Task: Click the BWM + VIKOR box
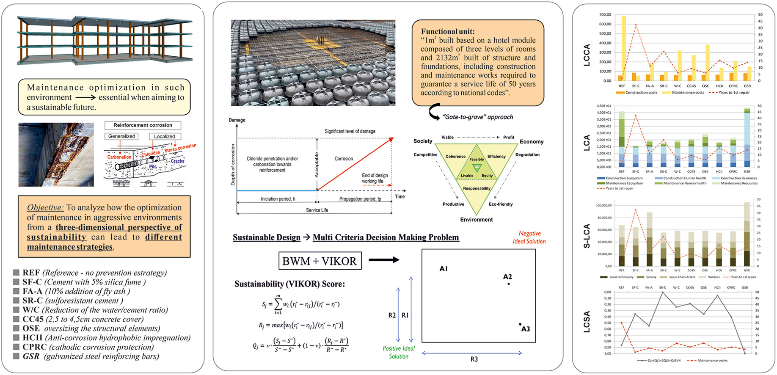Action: tap(320, 261)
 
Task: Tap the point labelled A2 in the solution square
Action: tap(508, 284)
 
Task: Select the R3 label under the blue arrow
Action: tap(474, 359)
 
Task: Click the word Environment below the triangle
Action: tap(477, 220)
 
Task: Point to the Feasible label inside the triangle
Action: tap(477, 159)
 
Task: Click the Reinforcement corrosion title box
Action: tap(143, 125)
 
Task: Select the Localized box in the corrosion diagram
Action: tap(165, 136)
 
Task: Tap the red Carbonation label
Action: tap(119, 157)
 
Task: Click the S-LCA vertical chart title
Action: tap(587, 236)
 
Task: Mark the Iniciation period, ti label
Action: tap(278, 199)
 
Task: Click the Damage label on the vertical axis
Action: tap(237, 120)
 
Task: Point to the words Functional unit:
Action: tap(448, 31)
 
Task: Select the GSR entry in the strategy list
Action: tap(31, 356)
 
